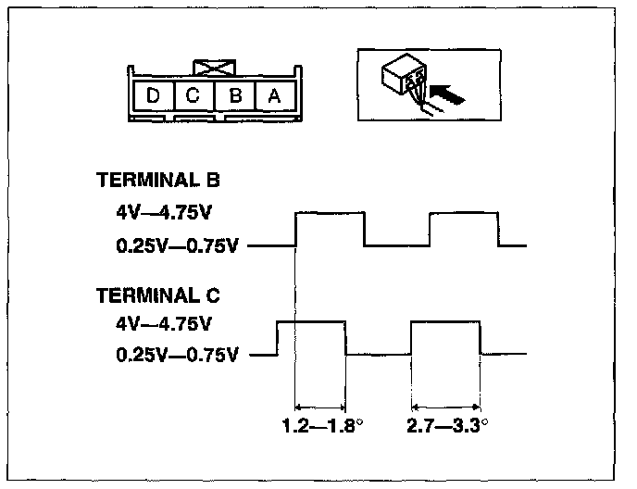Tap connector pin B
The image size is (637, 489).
(235, 95)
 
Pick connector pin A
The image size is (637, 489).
(274, 95)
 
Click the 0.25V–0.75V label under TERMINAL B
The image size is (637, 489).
(178, 246)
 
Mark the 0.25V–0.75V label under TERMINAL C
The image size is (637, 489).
(178, 354)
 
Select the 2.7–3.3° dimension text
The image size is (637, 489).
(447, 428)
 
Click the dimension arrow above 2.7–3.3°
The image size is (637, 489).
(445, 406)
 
